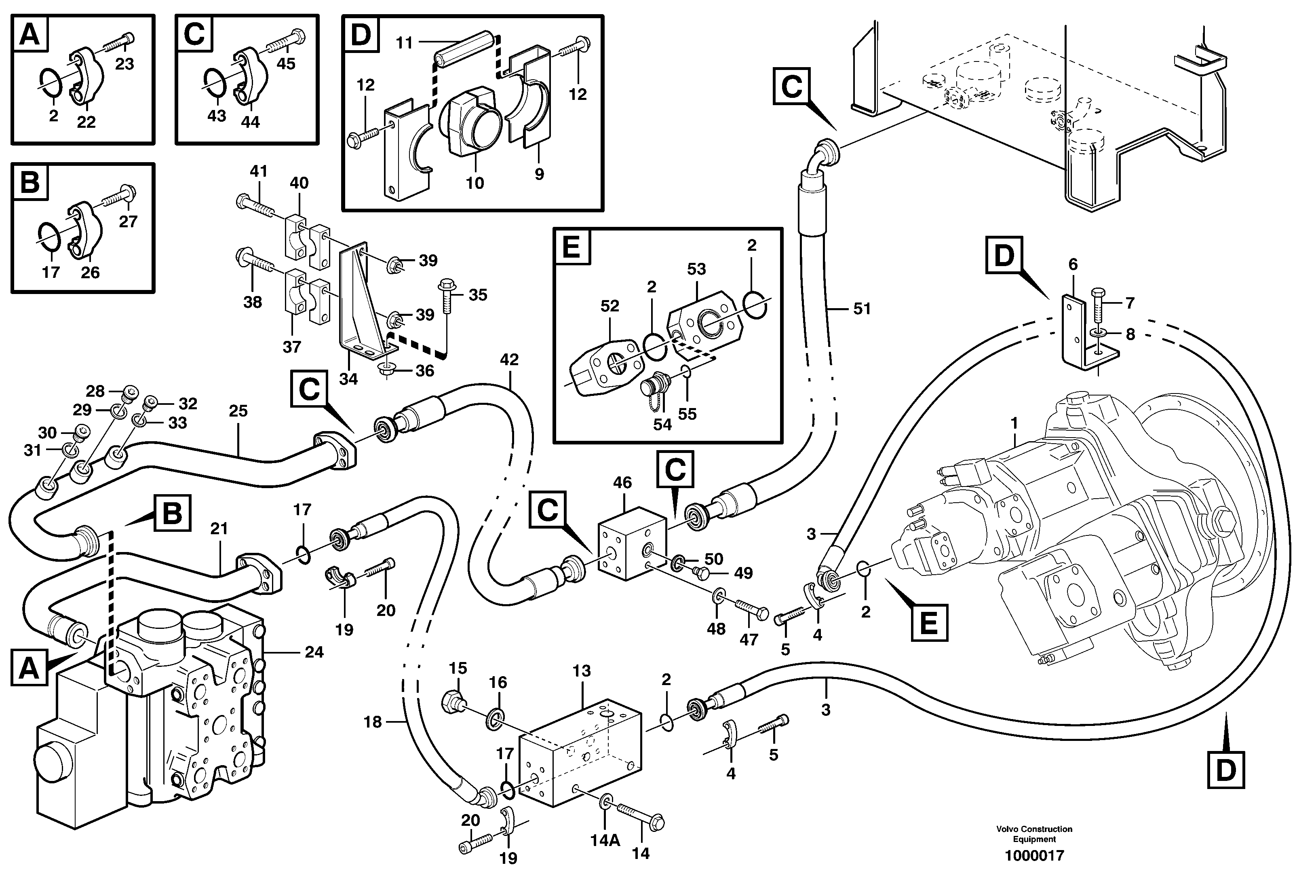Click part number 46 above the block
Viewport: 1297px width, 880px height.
pyautogui.click(x=622, y=482)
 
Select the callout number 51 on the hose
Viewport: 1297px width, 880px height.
pyautogui.click(x=862, y=309)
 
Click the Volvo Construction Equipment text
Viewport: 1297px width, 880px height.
pyautogui.click(x=1034, y=834)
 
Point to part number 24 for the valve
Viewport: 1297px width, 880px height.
pyautogui.click(x=314, y=652)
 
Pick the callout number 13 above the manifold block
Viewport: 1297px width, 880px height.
pyautogui.click(x=582, y=671)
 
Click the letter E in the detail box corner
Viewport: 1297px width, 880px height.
pyautogui.click(x=572, y=247)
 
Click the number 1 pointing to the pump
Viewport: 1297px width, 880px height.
pyautogui.click(x=1014, y=424)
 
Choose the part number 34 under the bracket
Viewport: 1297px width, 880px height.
pyautogui.click(x=348, y=379)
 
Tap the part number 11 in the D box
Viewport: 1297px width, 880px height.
pyautogui.click(x=404, y=43)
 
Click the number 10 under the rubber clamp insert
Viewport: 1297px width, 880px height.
pyautogui.click(x=475, y=183)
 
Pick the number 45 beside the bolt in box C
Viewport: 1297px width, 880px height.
pyautogui.click(x=286, y=63)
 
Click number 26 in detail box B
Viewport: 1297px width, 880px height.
pyautogui.click(x=90, y=273)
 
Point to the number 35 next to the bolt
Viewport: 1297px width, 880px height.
pyautogui.click(x=478, y=295)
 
